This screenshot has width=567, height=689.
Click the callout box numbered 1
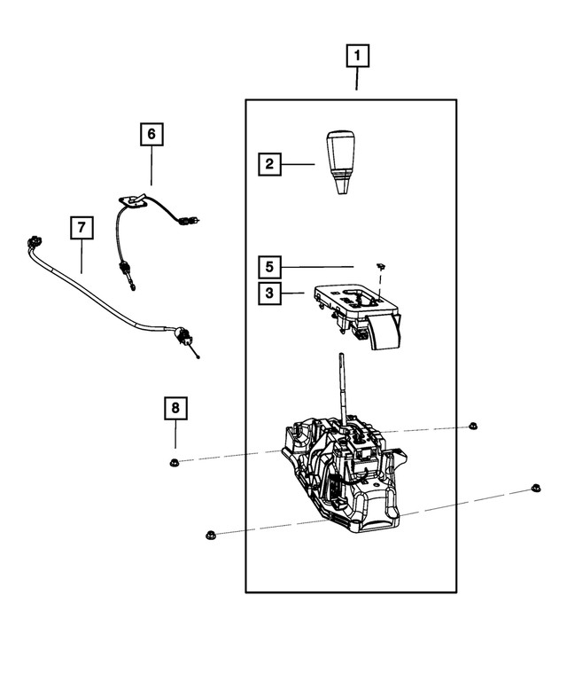pyautogui.click(x=357, y=59)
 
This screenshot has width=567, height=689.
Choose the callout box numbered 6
pyautogui.click(x=151, y=135)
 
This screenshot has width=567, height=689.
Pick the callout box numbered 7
pyautogui.click(x=81, y=228)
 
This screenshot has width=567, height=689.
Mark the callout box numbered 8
pyautogui.click(x=175, y=409)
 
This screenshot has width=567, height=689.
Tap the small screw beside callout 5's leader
pyautogui.click(x=378, y=266)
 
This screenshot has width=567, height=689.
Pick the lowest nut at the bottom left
pyautogui.click(x=210, y=534)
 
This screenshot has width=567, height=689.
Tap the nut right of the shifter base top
pyautogui.click(x=472, y=427)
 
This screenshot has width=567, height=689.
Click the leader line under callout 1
pyautogui.click(x=357, y=82)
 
